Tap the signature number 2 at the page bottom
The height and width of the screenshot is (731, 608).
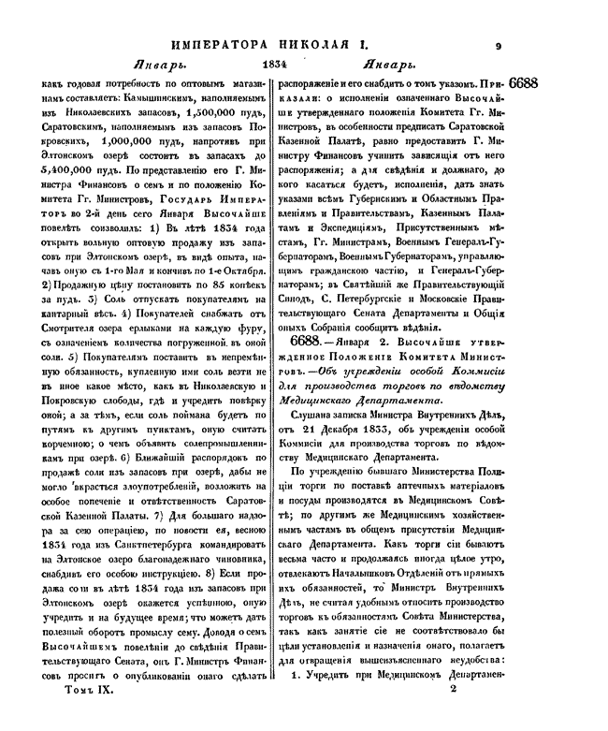pyautogui.click(x=452, y=714)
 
